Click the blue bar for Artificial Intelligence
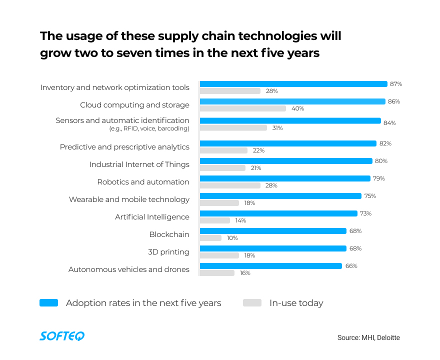click(278, 213)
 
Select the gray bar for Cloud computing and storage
click(243, 108)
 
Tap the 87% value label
click(396, 84)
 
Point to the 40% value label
click(297, 108)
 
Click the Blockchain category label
click(169, 234)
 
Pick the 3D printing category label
click(168, 252)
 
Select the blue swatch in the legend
click(48, 302)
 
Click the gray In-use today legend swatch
click(252, 302)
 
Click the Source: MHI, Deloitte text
click(368, 337)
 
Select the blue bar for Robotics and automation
click(285, 178)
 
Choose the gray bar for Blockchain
click(210, 238)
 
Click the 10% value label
click(232, 238)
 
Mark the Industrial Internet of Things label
click(139, 164)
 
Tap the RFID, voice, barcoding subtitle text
click(149, 128)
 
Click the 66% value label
click(351, 266)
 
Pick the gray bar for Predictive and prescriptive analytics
click(223, 150)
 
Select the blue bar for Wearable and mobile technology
click(280, 196)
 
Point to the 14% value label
click(240, 220)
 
